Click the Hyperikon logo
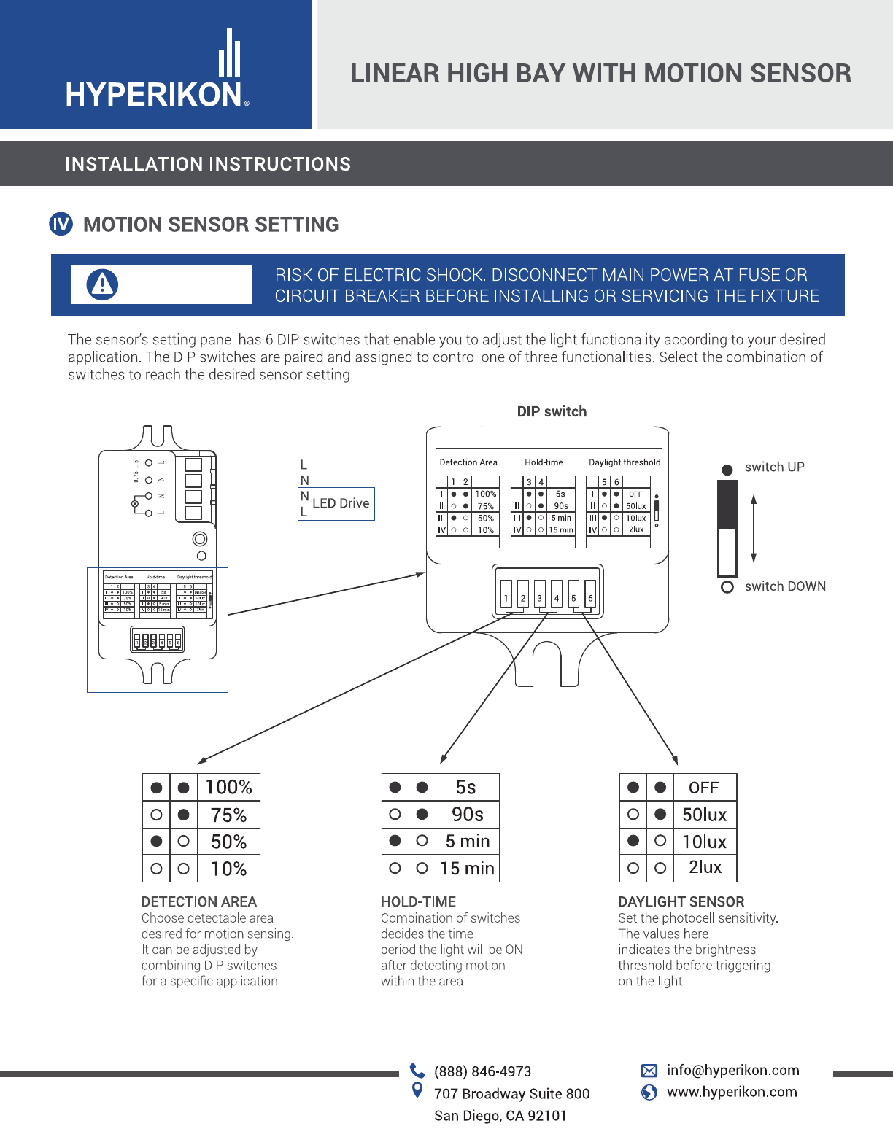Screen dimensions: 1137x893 (157, 69)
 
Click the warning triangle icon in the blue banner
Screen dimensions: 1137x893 (102, 284)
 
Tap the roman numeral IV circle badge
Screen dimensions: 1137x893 (61, 224)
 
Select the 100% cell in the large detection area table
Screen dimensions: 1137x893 (228, 788)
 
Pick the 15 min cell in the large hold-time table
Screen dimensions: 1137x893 (467, 869)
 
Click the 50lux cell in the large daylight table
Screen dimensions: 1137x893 (704, 815)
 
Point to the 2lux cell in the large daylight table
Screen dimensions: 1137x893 (704, 868)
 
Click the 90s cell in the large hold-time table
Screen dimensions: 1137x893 (467, 815)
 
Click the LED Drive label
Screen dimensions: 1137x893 (341, 503)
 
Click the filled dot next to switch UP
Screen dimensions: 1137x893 (727, 470)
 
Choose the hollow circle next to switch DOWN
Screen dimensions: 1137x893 (727, 587)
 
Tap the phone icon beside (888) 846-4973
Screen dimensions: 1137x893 (417, 1071)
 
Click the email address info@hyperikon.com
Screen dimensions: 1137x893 (732, 1070)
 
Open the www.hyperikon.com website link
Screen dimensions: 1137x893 (732, 1092)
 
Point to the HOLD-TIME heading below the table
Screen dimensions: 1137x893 (418, 902)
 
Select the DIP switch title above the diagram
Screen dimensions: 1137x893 (552, 411)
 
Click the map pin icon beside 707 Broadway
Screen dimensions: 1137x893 (417, 1090)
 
